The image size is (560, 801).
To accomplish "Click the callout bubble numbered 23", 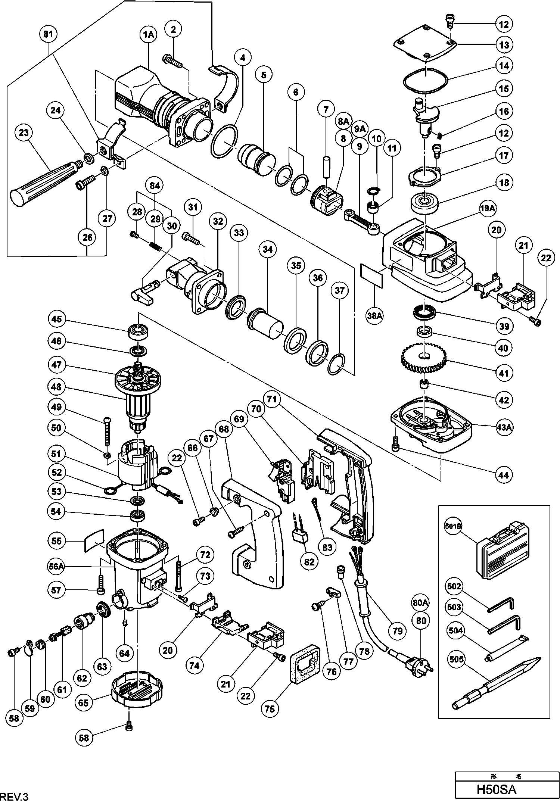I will pyautogui.click(x=24, y=133).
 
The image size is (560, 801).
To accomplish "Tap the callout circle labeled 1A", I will pyautogui.click(x=148, y=35).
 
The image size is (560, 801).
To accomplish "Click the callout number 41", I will pyautogui.click(x=504, y=373).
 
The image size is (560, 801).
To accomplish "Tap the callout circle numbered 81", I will pyautogui.click(x=48, y=34).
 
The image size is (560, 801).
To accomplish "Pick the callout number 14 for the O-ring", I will pyautogui.click(x=504, y=66).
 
